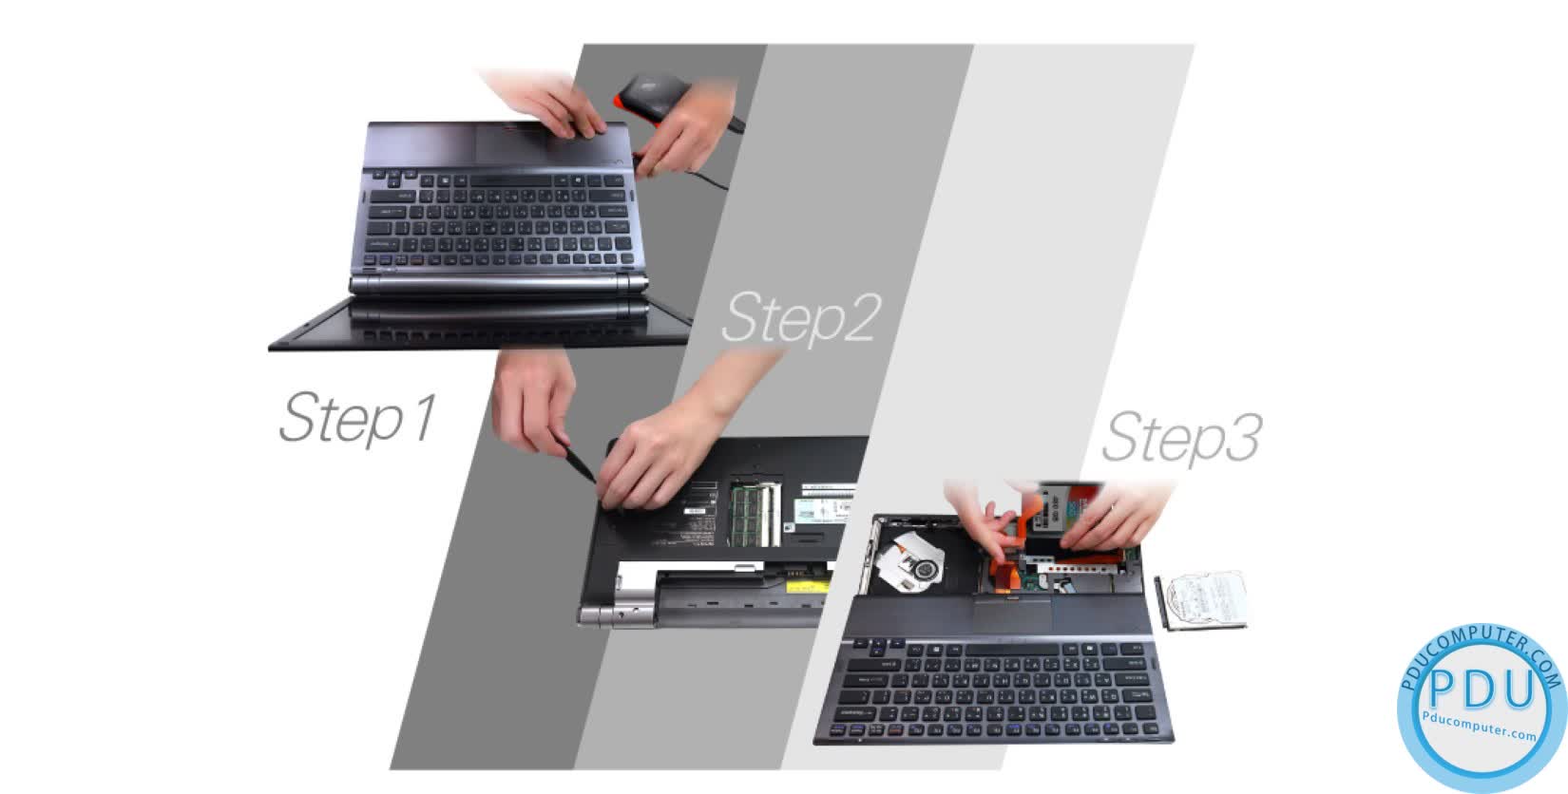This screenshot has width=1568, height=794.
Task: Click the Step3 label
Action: (1180, 438)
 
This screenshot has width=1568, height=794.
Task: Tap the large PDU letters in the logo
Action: (1481, 691)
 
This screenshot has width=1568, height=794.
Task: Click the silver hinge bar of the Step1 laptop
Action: (499, 284)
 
